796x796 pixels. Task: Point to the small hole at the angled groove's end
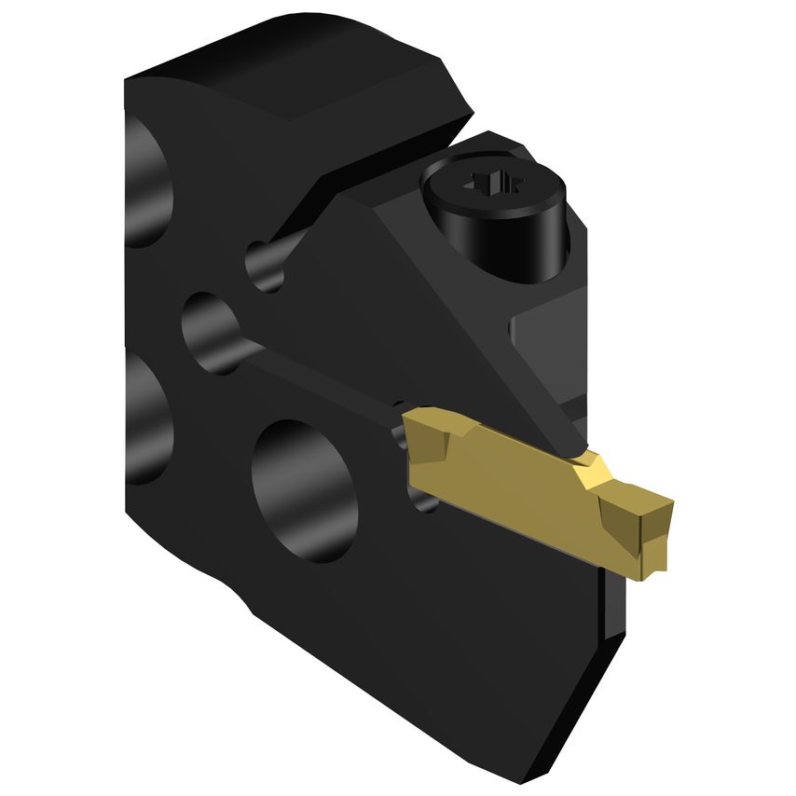pyautogui.click(x=266, y=265)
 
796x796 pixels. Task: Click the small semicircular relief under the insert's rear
pyautogui.click(x=424, y=503)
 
